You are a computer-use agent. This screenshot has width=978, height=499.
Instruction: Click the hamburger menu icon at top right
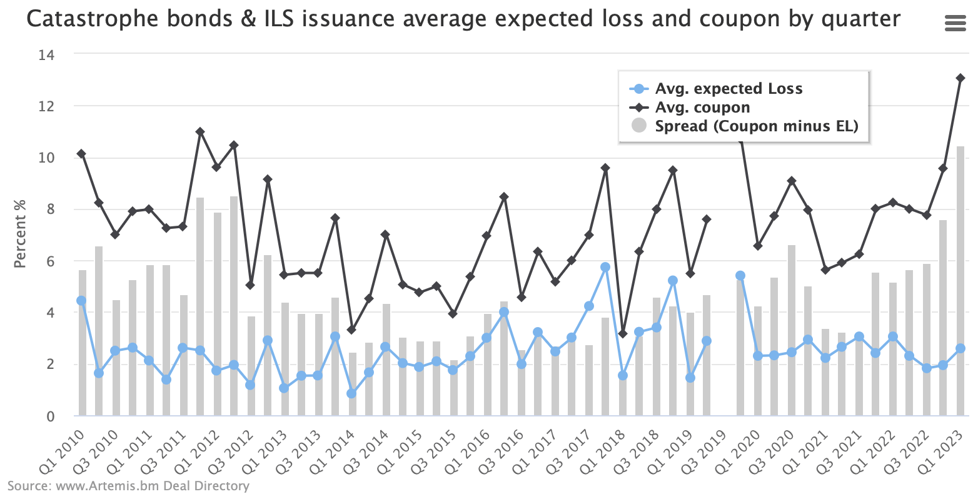(955, 24)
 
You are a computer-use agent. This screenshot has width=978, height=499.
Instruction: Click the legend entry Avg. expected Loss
(728, 89)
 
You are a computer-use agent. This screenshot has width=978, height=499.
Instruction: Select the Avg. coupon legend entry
(702, 108)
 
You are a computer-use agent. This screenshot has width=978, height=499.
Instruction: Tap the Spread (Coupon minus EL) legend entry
(756, 126)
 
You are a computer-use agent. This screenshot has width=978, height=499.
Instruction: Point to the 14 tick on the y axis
(47, 55)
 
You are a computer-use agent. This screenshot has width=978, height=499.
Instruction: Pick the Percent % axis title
(21, 234)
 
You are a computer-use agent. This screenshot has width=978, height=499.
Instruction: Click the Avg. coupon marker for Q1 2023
(960, 78)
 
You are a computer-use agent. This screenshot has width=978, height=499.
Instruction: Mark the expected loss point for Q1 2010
(81, 301)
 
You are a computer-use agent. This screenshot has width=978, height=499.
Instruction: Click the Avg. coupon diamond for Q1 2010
(81, 154)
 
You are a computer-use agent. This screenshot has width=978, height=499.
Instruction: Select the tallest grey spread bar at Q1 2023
(960, 281)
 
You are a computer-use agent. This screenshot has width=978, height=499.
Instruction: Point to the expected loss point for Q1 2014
(351, 393)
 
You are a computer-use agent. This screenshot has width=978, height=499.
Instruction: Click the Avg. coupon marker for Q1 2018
(622, 334)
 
